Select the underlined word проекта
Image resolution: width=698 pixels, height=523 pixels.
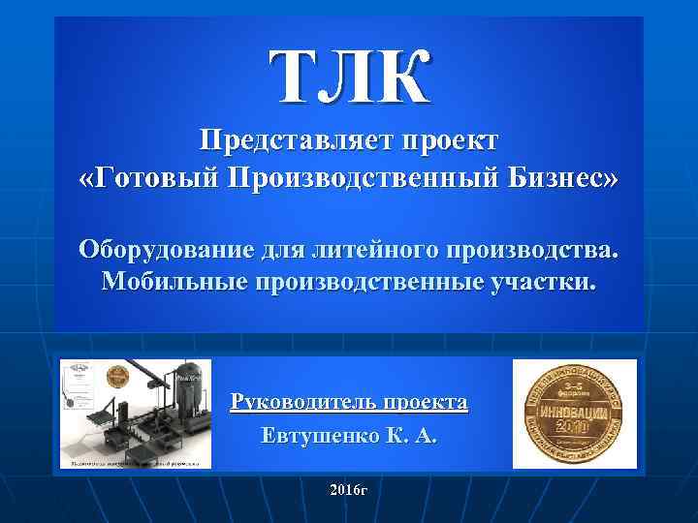[x=426, y=401]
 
